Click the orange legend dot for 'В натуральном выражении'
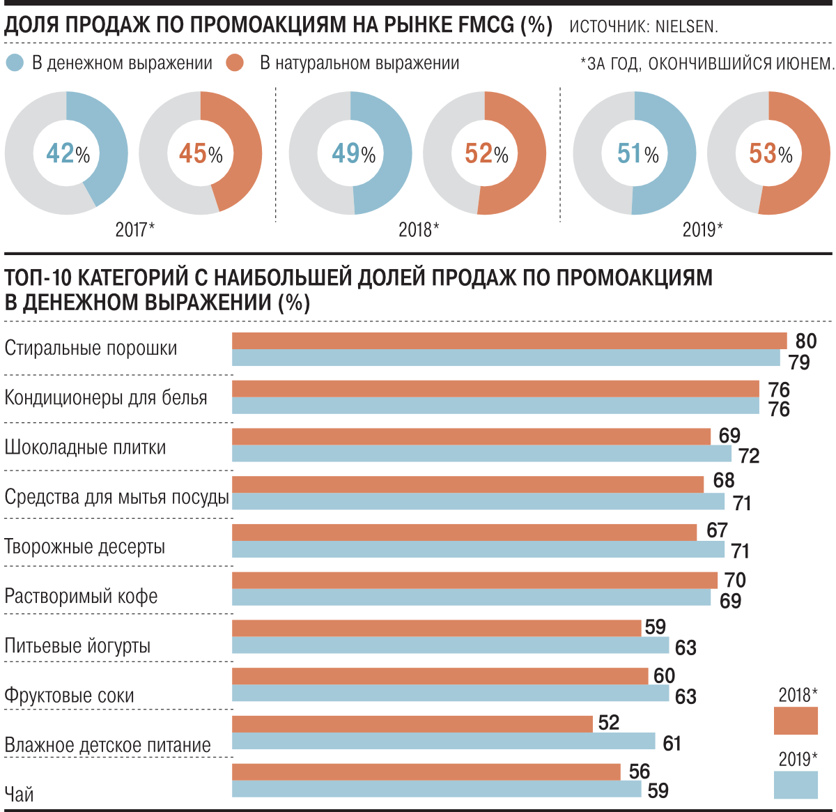coord(235,63)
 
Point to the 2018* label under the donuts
coord(419,229)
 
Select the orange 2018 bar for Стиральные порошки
coord(509,341)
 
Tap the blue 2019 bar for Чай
coord(436,789)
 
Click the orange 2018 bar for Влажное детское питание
coord(412,724)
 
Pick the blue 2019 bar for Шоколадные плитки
coord(481,454)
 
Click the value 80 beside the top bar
coord(805,341)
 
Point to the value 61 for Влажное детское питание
coord(672,744)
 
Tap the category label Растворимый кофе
coord(81,597)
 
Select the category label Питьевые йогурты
coord(77,646)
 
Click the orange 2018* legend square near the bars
coord(796,720)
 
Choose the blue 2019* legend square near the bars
coord(796,785)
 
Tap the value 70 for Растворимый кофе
coord(735,580)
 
